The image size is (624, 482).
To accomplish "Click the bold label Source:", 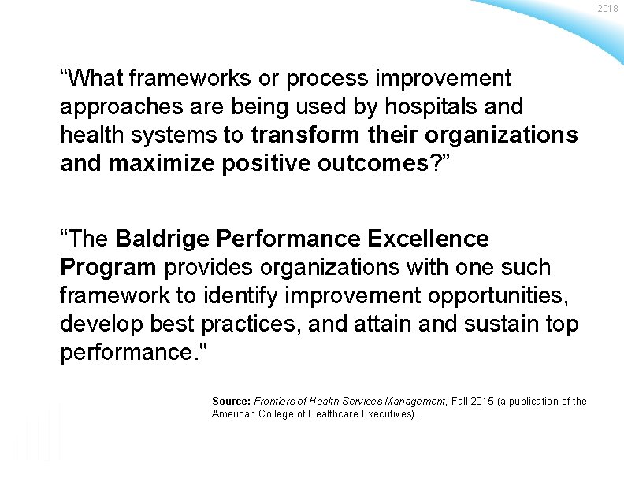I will tap(231, 402).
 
